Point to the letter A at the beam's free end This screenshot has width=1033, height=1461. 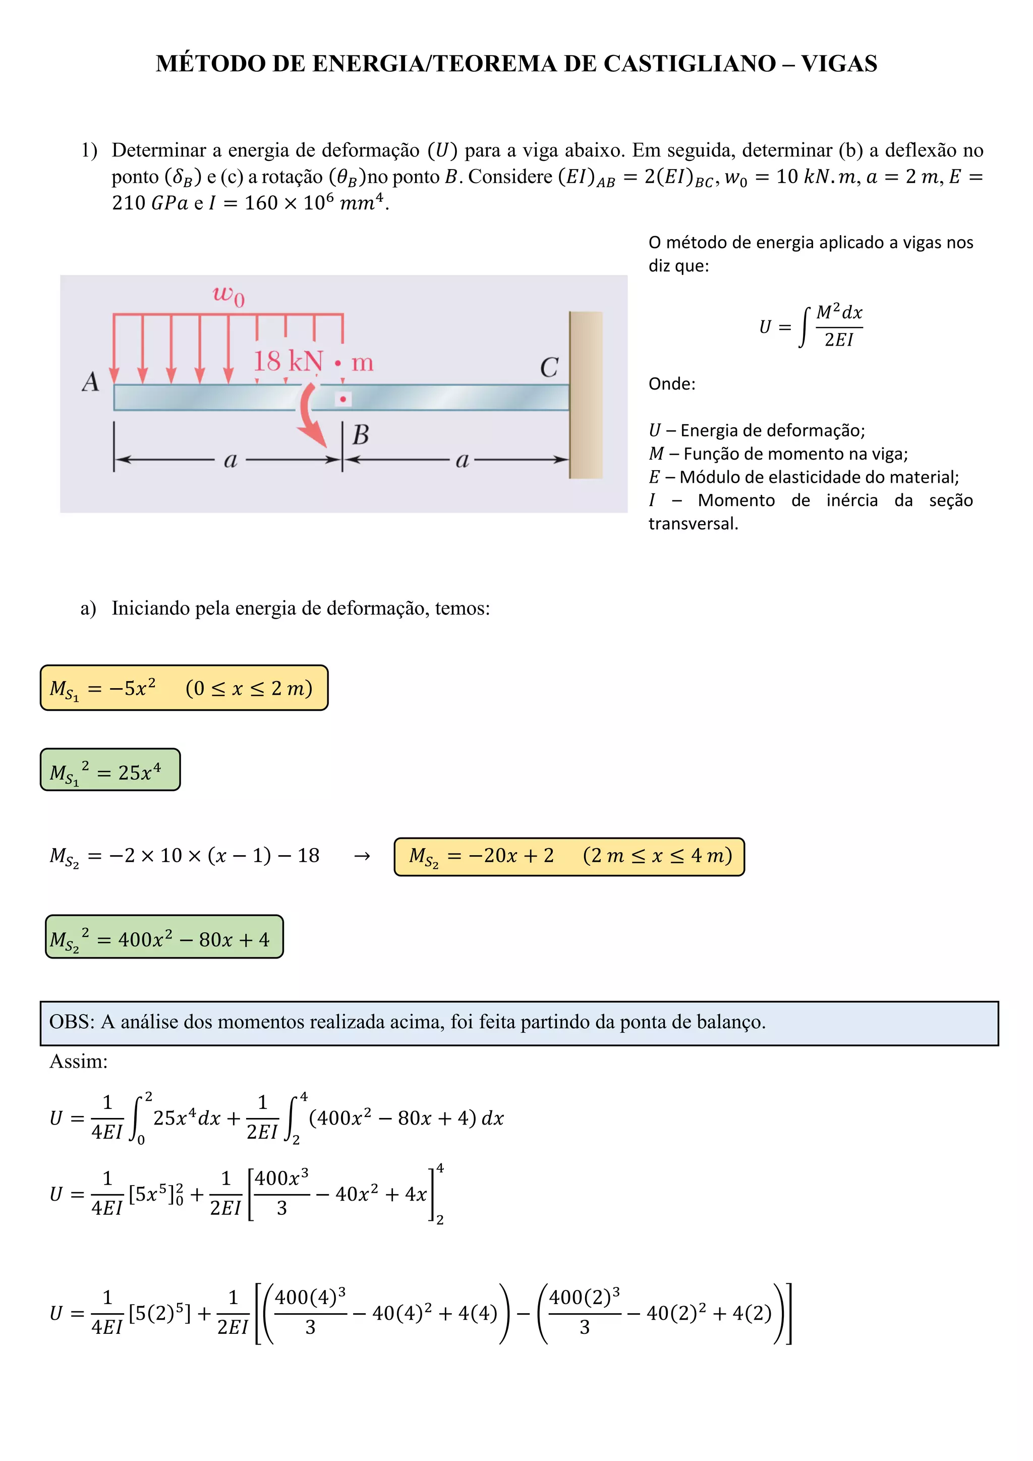point(91,382)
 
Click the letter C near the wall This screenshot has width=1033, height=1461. point(549,368)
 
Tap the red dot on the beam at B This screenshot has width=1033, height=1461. point(343,400)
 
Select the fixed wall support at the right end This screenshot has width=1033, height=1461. point(586,395)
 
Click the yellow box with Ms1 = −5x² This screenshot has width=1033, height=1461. point(184,688)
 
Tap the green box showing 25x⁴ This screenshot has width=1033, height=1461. point(110,770)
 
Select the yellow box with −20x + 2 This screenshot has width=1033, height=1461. point(568,857)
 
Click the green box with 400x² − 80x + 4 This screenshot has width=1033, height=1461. point(164,937)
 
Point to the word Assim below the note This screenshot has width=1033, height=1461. point(78,1061)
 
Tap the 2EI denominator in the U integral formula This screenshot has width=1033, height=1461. point(838,340)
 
